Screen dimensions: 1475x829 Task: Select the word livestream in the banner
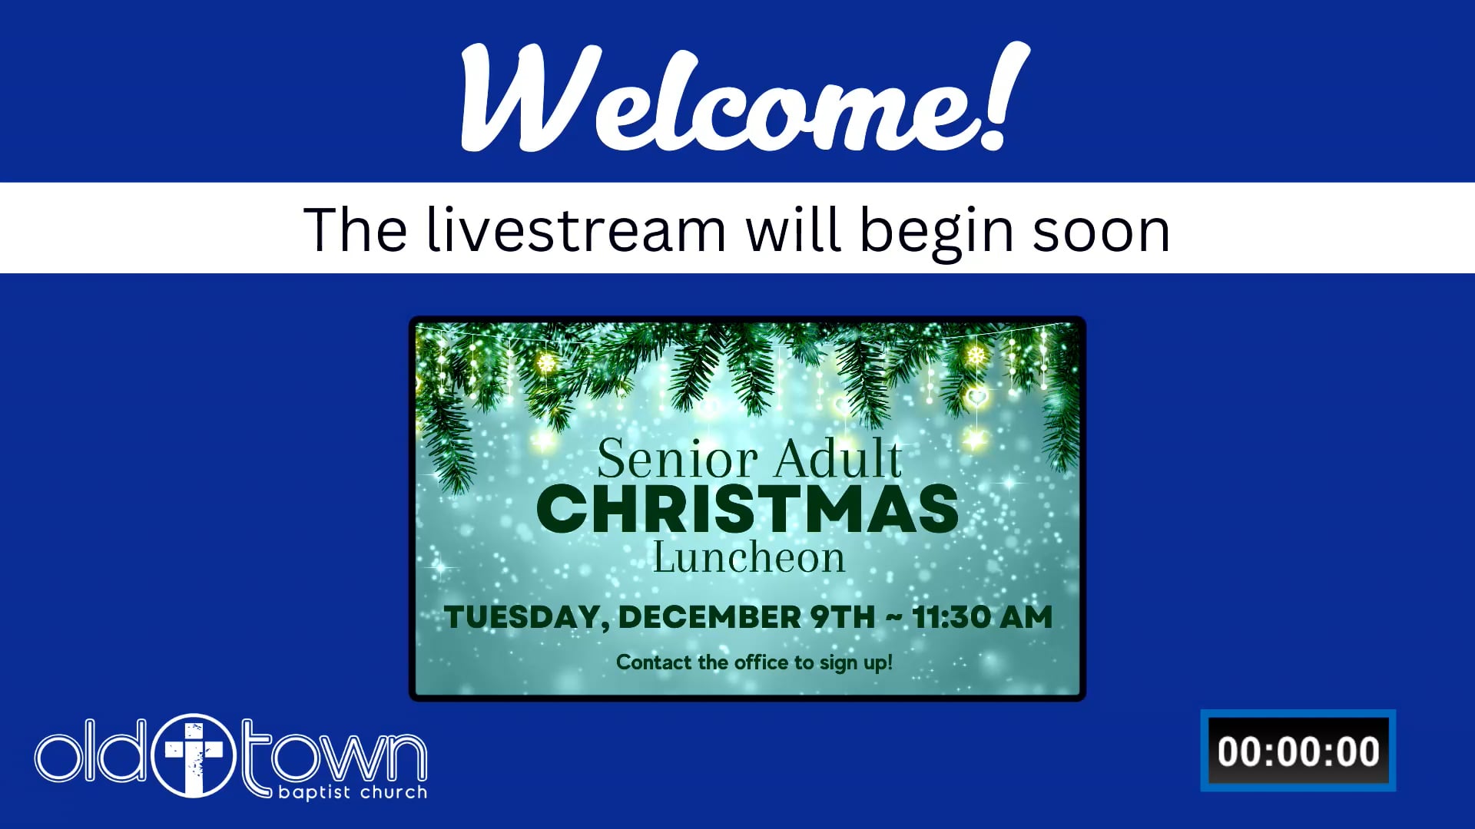pyautogui.click(x=576, y=229)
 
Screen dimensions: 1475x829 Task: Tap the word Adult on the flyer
pyautogui.click(x=837, y=458)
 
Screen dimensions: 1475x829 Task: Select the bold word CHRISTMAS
pyautogui.click(x=747, y=509)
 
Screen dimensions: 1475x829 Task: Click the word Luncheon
pyautogui.click(x=749, y=557)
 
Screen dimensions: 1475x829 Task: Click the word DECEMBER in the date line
pyautogui.click(x=710, y=617)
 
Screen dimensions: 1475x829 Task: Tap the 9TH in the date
pyautogui.click(x=843, y=617)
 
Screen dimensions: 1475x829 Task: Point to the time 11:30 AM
pyautogui.click(x=982, y=617)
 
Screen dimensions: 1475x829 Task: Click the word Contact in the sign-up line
pyautogui.click(x=654, y=662)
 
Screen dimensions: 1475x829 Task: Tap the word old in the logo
pyautogui.click(x=89, y=751)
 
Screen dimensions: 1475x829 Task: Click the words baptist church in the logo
pyautogui.click(x=353, y=792)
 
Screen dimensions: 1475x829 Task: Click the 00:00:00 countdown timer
pyautogui.click(x=1298, y=751)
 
